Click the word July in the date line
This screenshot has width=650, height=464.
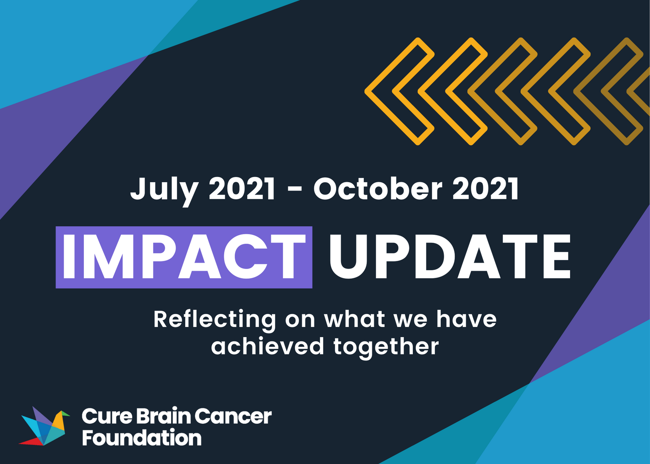pyautogui.click(x=164, y=189)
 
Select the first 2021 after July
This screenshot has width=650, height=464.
pyautogui.click(x=242, y=189)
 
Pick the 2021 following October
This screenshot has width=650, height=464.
pyautogui.click(x=486, y=189)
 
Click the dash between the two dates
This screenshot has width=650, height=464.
pyautogui.click(x=294, y=190)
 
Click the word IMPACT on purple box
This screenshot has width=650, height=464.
pyautogui.click(x=184, y=257)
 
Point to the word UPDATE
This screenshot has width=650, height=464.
pyautogui.click(x=450, y=257)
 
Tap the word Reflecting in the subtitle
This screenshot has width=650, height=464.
pyautogui.click(x=215, y=320)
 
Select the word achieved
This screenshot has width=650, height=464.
pyautogui.click(x=267, y=346)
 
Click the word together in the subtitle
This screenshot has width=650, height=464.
pyautogui.click(x=386, y=347)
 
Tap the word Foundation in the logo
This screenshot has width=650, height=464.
pyautogui.click(x=142, y=438)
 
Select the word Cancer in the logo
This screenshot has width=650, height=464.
pyautogui.click(x=233, y=416)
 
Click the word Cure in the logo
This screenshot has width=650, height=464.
pyautogui.click(x=107, y=416)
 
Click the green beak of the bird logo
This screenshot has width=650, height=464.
pyautogui.click(x=66, y=414)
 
